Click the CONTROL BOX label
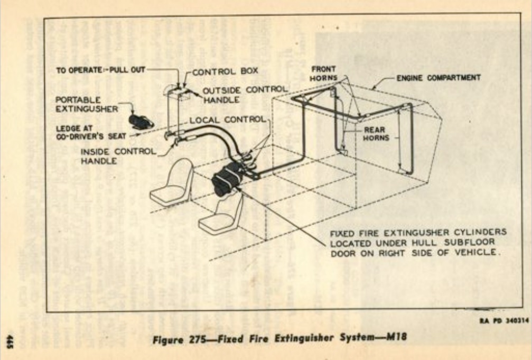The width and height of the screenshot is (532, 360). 216,73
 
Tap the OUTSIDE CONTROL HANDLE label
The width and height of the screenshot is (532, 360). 244,94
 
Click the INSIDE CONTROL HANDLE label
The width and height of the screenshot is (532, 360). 118,156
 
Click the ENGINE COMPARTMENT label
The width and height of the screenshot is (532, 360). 438,78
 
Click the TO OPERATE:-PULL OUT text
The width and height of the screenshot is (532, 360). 100,69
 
